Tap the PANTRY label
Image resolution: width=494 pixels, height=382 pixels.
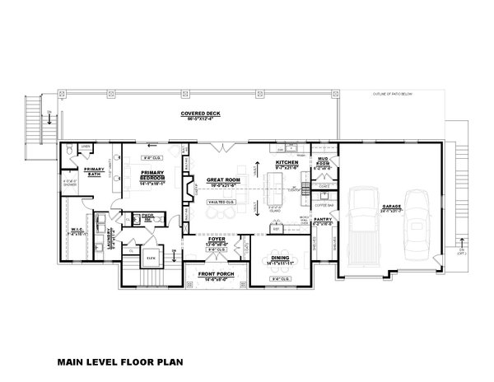pos(324,219)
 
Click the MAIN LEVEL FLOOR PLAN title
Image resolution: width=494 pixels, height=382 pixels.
pos(119,361)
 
